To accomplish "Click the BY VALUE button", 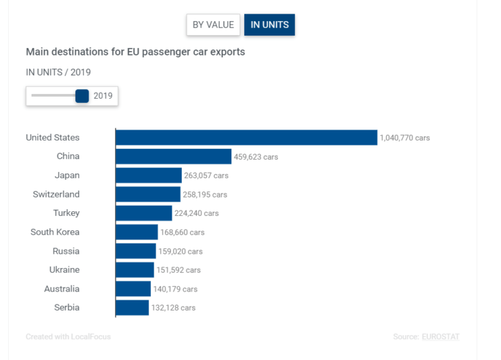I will [213, 25].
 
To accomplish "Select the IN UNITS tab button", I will [270, 25].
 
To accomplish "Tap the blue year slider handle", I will [82, 96].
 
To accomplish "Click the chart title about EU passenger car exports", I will [135, 51].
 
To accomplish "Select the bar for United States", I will [246, 138].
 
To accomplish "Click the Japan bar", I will [148, 176].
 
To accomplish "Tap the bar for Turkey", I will [143, 213].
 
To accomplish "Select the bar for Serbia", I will [132, 308].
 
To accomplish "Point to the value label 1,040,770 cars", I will [405, 138].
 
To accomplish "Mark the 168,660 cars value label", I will [182, 232].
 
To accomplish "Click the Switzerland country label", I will [56, 194].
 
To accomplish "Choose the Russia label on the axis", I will [66, 251].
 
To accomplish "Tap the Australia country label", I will [62, 289].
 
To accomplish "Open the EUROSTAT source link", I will [441, 337].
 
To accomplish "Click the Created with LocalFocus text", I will [68, 337].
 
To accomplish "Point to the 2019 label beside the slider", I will [103, 96].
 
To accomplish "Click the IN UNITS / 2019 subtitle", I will [58, 72].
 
